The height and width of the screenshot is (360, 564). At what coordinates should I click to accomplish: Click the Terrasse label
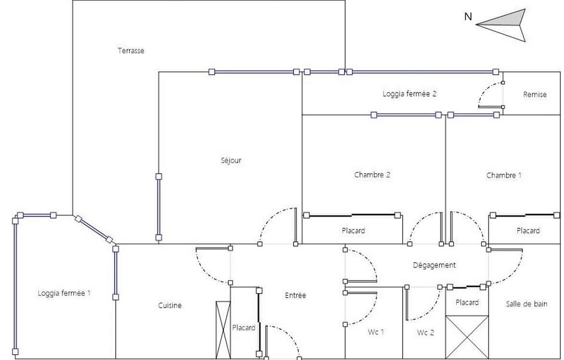pyautogui.click(x=131, y=51)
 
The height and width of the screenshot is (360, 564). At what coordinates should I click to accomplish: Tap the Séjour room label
pyautogui.click(x=231, y=160)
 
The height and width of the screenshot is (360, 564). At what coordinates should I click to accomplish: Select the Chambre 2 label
pyautogui.click(x=372, y=175)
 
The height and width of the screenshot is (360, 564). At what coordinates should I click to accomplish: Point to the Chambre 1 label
pyautogui.click(x=503, y=175)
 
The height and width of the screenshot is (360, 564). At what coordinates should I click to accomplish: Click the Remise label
pyautogui.click(x=535, y=94)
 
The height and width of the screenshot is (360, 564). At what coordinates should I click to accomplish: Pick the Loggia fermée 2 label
pyautogui.click(x=409, y=94)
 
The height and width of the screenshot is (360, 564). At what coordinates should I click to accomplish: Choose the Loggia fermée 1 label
pyautogui.click(x=64, y=293)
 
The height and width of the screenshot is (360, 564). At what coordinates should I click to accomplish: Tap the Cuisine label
pyautogui.click(x=170, y=305)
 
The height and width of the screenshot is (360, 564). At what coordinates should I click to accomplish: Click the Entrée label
pyautogui.click(x=295, y=295)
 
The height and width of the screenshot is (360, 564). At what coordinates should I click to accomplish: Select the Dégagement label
pyautogui.click(x=434, y=265)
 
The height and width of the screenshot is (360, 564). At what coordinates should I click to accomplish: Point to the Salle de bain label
pyautogui.click(x=526, y=304)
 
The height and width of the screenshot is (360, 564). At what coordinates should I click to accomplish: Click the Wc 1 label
pyautogui.click(x=376, y=332)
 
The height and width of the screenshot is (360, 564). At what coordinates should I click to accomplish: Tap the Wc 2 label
pyautogui.click(x=425, y=332)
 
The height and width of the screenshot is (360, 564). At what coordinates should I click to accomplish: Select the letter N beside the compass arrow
pyautogui.click(x=468, y=17)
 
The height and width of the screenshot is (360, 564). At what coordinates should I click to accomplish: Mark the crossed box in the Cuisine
pyautogui.click(x=223, y=330)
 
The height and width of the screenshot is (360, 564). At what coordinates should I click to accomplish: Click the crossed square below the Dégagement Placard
pyautogui.click(x=467, y=337)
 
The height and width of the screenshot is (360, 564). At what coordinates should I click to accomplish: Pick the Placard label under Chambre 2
pyautogui.click(x=353, y=231)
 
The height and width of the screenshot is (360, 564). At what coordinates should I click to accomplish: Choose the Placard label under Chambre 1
pyautogui.click(x=528, y=231)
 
